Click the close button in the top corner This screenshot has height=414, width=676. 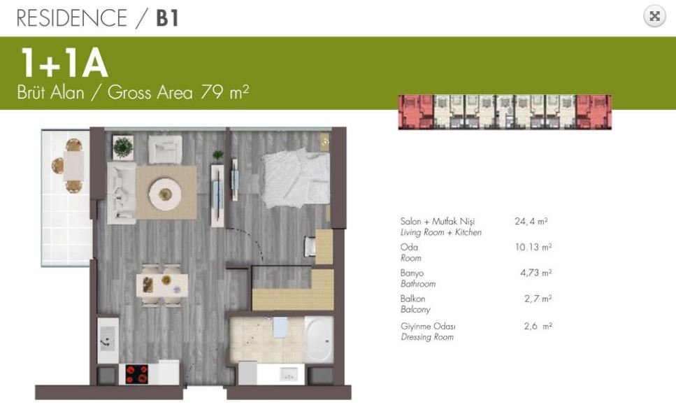coord(654,16)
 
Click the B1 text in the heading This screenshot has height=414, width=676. coord(167,18)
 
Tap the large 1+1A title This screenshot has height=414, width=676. coord(64,63)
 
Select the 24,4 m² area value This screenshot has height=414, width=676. coord(531,221)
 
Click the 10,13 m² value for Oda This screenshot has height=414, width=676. coord(533,247)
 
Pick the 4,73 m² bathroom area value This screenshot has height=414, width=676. coord(536,273)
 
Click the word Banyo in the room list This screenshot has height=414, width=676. coord(412,273)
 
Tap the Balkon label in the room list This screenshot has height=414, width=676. coord(412,299)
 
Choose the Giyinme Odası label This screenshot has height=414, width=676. coord(428,327)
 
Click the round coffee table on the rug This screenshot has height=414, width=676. coord(165,194)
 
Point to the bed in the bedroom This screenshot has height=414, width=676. coord(296,179)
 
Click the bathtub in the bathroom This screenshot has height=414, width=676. coord(319,340)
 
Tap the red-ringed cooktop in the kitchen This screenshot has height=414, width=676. coord(137,374)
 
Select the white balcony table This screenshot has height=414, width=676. coord(73,166)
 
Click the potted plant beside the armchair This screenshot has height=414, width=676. coord(123,147)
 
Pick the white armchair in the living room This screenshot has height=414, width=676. coord(165,149)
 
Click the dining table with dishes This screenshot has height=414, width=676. coord(161,285)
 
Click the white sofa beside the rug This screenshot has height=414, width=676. coord(121,193)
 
